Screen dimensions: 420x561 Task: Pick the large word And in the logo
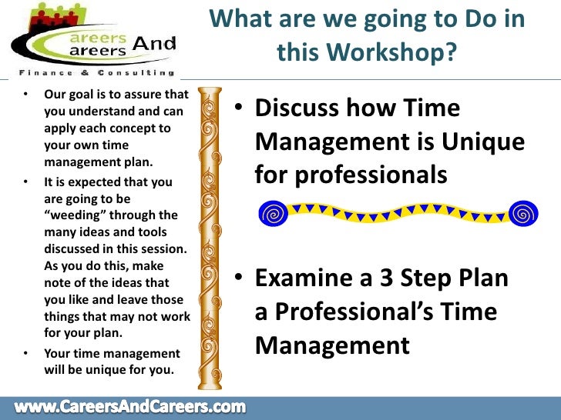(153, 45)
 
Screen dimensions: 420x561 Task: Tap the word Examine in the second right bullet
(301, 278)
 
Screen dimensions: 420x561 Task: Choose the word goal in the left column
(79, 95)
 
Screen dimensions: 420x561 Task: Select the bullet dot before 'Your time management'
(25, 353)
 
